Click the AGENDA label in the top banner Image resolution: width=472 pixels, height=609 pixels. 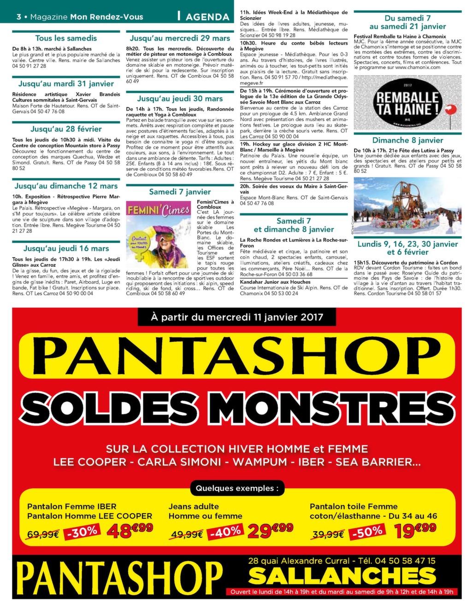207,17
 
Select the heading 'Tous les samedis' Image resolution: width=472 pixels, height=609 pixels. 66,38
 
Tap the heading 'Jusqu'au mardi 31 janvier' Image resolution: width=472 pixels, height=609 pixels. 66,84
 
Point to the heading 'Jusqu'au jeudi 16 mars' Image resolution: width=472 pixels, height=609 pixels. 66,249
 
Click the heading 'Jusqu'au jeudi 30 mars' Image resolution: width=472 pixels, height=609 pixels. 180,99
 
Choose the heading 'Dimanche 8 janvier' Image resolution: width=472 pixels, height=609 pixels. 407,141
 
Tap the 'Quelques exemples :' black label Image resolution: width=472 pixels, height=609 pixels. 237,488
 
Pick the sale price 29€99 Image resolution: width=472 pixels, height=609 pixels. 270,531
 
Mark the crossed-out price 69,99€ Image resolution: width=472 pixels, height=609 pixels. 43,534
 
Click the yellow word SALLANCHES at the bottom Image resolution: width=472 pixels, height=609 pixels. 342,576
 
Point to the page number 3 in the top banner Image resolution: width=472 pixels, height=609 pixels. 19,17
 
